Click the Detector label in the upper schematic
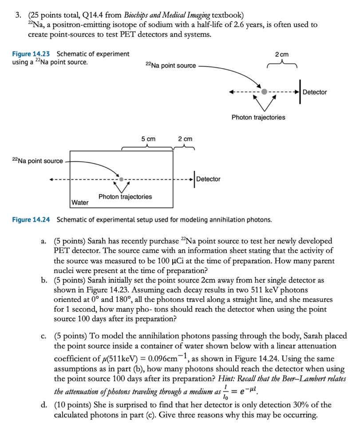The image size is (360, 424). (x=315, y=92)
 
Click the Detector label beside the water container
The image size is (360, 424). (x=208, y=179)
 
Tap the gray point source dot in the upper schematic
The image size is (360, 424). (x=265, y=92)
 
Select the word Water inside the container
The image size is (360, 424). (x=80, y=202)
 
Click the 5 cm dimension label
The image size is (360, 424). (x=149, y=139)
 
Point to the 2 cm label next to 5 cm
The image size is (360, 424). (x=185, y=139)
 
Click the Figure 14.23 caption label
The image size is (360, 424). (x=31, y=54)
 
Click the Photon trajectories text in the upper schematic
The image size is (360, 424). (x=258, y=117)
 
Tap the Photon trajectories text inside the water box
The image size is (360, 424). (x=125, y=196)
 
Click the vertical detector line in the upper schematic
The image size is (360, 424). (x=300, y=92)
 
